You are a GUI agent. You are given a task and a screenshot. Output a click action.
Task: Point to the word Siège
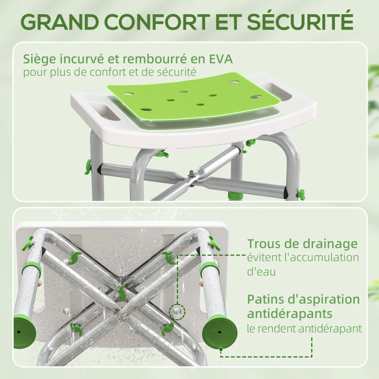tap(39, 59)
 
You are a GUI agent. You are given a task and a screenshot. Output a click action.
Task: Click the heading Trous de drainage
tap(302, 244)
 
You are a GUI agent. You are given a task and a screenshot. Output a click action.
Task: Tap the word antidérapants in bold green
tap(289, 314)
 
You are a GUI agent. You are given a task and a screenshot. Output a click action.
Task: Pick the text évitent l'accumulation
tap(303, 258)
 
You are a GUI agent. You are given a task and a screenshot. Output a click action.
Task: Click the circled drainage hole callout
tap(177, 310)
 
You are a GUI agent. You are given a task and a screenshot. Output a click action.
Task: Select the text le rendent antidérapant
tap(304, 328)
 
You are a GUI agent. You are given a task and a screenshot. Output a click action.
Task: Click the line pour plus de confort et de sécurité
tap(110, 73)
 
